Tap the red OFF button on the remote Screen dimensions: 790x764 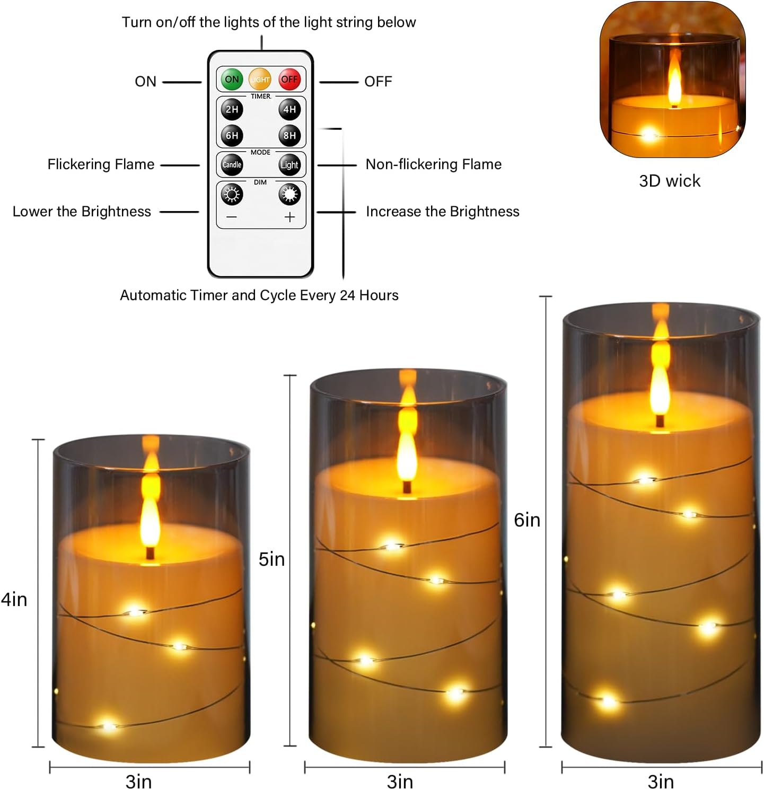click(x=289, y=80)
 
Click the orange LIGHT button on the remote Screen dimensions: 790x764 click(x=260, y=80)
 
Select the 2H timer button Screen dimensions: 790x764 click(x=232, y=109)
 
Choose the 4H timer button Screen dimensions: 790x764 click(x=289, y=109)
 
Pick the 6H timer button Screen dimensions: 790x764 click(x=232, y=135)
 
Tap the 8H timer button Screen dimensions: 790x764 click(x=289, y=135)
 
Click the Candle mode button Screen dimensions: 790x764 click(x=232, y=165)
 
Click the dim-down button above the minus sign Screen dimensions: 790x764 click(x=232, y=195)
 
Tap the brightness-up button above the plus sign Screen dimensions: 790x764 click(x=289, y=195)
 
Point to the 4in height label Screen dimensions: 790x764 click(x=14, y=600)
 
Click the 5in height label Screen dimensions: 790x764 click(x=271, y=559)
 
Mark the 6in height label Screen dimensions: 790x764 click(x=527, y=520)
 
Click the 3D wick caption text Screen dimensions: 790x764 click(x=670, y=181)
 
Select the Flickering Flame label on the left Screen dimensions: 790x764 click(x=101, y=164)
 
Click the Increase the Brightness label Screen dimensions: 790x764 click(x=442, y=212)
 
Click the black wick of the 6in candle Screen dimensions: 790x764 click(x=660, y=421)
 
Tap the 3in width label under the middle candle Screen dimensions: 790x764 click(x=400, y=782)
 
